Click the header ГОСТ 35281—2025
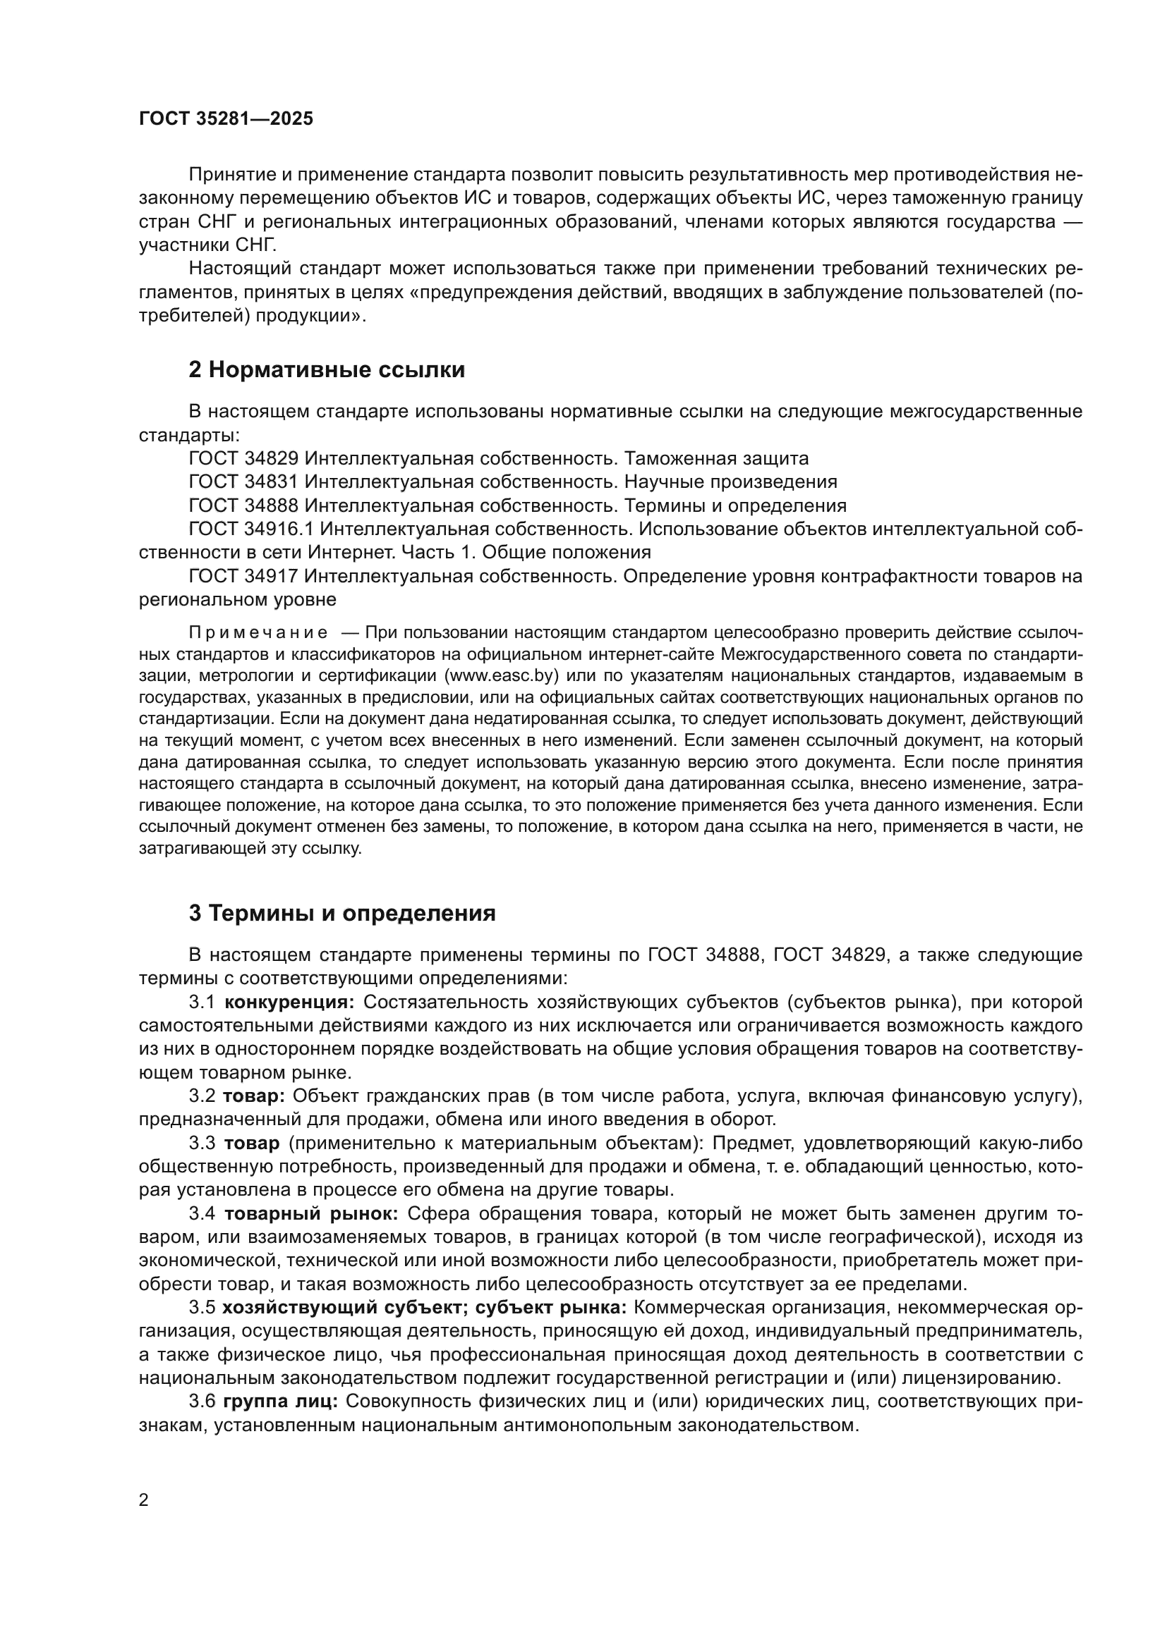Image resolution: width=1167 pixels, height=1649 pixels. click(226, 119)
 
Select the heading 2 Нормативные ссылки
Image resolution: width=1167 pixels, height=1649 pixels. click(327, 370)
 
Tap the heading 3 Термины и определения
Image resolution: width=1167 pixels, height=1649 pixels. click(342, 914)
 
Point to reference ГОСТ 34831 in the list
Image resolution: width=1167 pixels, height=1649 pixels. click(243, 482)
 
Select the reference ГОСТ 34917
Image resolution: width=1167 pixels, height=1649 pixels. click(243, 576)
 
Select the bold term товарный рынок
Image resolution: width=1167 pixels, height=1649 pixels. click(311, 1214)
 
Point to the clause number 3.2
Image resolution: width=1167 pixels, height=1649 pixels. click(202, 1096)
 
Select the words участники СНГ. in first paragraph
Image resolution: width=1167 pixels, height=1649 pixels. click(207, 245)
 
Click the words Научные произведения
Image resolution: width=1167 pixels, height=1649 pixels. click(730, 482)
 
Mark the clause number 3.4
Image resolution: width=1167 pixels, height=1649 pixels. click(202, 1214)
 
